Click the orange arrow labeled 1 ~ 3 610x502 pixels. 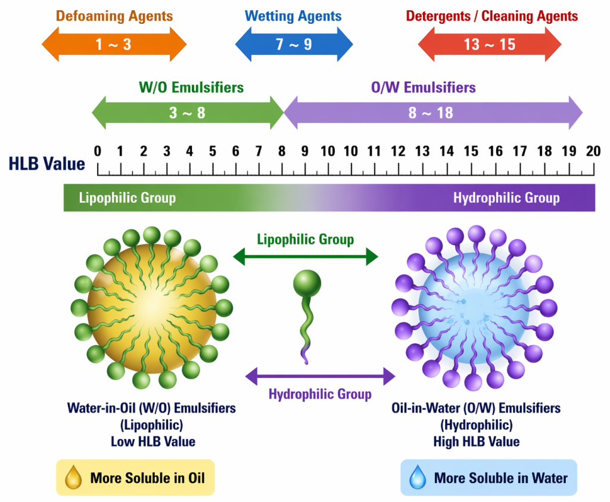[114, 45]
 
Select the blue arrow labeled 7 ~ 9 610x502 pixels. [294, 45]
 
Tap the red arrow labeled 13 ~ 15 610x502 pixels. [490, 45]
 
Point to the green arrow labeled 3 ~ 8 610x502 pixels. [187, 112]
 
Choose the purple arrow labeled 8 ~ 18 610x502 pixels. [432, 112]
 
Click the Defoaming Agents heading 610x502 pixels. [114, 16]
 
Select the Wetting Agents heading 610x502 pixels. [294, 16]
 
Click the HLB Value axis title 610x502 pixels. [47, 164]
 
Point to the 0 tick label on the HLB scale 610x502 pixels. [98, 151]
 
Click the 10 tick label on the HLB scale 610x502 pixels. [328, 151]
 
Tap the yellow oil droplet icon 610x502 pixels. [74, 478]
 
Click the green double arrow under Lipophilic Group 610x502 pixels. [306, 257]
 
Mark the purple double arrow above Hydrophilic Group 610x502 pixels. [320, 376]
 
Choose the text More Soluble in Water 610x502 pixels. [501, 478]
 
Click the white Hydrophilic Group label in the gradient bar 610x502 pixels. [506, 198]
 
